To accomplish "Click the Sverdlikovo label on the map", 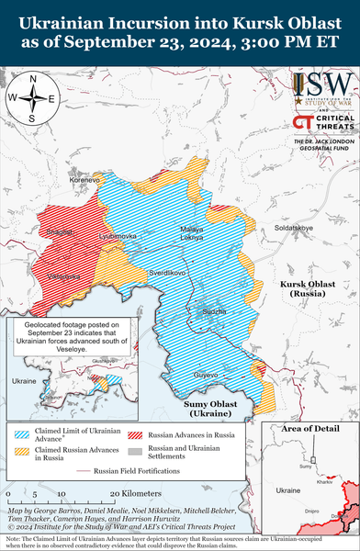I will [167, 273].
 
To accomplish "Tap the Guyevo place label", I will [206, 374].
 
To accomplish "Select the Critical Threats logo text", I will [329, 123].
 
